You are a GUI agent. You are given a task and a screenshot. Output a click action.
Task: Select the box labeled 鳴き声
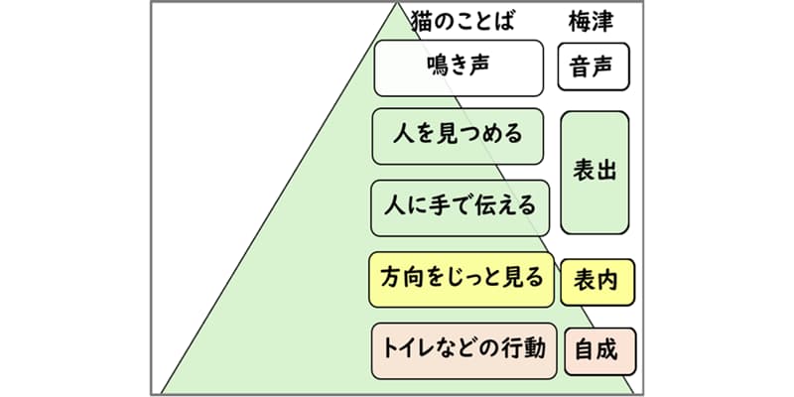click(x=459, y=67)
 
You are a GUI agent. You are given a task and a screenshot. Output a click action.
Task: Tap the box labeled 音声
click(x=594, y=67)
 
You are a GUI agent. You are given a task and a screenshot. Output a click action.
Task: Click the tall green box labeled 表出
click(x=595, y=171)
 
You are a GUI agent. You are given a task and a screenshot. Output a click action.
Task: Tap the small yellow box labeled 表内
click(x=596, y=282)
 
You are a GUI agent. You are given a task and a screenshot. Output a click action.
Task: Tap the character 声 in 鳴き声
click(x=482, y=67)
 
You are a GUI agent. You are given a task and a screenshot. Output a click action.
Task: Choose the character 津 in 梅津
click(x=607, y=20)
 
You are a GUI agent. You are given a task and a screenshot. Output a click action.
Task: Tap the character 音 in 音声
click(x=582, y=67)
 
